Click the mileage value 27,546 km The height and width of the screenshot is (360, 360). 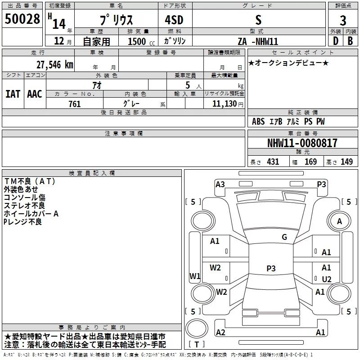pyautogui.click(x=54, y=64)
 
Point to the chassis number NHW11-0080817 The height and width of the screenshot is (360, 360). pyautogui.click(x=302, y=143)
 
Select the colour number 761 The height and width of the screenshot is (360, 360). pyautogui.click(x=74, y=104)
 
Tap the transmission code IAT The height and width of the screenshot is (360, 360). pyautogui.click(x=13, y=94)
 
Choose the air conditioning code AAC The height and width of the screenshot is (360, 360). pyautogui.click(x=35, y=94)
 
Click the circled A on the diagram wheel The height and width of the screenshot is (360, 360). pyautogui.click(x=340, y=221)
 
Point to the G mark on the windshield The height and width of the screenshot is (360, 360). pyautogui.click(x=284, y=237)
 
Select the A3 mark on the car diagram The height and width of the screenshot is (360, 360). pyautogui.click(x=220, y=184)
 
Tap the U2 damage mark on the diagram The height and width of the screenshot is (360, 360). pyautogui.click(x=327, y=279)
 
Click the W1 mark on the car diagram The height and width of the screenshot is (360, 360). pyautogui.click(x=194, y=276)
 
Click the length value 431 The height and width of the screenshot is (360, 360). pyautogui.click(x=273, y=162)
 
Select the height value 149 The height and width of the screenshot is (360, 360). pyautogui.click(x=346, y=162)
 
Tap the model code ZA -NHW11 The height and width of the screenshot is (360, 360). pyautogui.click(x=258, y=41)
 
